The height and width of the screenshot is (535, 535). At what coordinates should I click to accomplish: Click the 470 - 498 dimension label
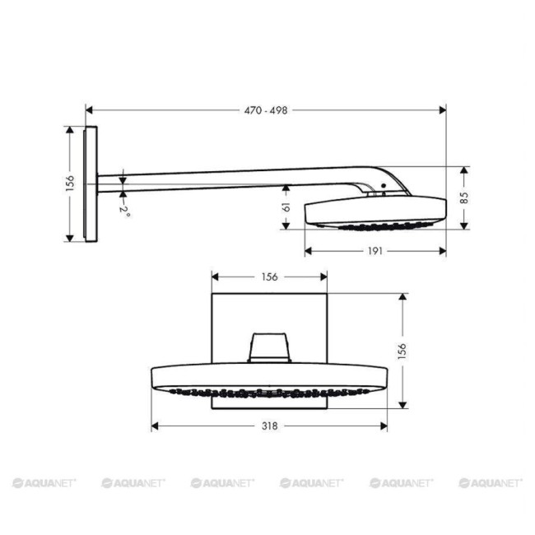click(x=266, y=109)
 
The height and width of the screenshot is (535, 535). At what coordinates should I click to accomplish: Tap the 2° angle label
click(x=123, y=210)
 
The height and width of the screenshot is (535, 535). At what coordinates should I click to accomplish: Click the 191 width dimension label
click(x=374, y=251)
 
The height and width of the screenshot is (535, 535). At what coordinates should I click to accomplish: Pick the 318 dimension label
click(x=269, y=426)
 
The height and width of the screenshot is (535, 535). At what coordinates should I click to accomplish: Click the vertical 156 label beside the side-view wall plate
click(x=70, y=183)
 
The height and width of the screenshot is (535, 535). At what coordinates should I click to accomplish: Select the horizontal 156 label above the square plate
click(x=269, y=277)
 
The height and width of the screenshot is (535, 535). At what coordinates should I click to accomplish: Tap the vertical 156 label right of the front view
click(x=401, y=350)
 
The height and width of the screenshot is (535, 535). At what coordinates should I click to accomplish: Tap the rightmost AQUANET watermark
click(x=491, y=482)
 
